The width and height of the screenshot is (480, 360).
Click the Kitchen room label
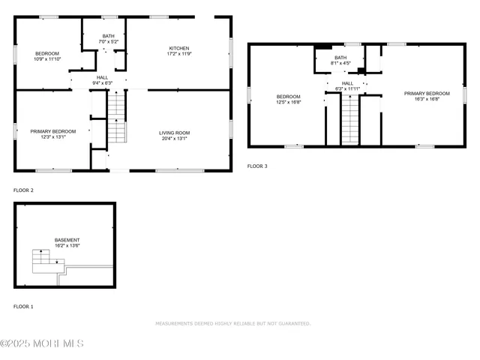point(178,48)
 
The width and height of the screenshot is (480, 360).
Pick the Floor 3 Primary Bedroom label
point(426,94)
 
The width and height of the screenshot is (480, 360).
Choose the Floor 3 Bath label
point(340,58)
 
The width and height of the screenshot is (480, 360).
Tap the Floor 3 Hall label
point(347,83)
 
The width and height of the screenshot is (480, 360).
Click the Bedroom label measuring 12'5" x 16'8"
point(288,97)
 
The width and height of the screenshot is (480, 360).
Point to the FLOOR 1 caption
point(23,307)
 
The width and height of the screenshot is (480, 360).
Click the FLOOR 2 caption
point(23,190)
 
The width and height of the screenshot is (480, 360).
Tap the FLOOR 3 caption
point(258,166)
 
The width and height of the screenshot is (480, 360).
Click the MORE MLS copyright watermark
point(42,343)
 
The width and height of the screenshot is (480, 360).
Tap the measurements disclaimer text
point(232,324)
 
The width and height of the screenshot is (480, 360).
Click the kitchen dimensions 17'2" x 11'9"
point(178,54)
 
